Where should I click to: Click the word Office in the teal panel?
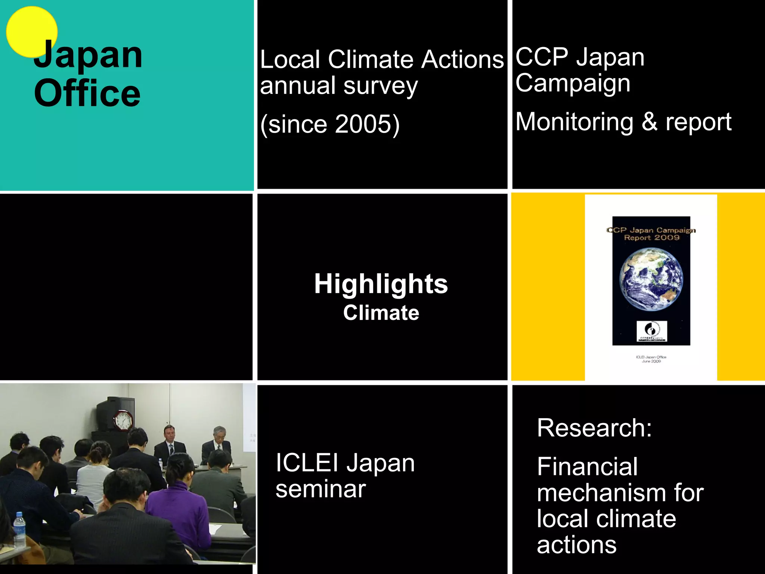(87, 93)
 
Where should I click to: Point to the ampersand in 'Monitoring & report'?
(650, 122)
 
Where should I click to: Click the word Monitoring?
(574, 122)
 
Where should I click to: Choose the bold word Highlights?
(381, 284)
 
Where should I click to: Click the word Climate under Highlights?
(381, 313)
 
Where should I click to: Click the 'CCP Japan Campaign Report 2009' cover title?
(651, 234)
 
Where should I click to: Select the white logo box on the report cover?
(651, 331)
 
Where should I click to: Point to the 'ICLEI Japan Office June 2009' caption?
(651, 359)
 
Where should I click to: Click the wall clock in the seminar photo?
(123, 420)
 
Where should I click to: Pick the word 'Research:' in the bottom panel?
(594, 428)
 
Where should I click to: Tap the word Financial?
(587, 467)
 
